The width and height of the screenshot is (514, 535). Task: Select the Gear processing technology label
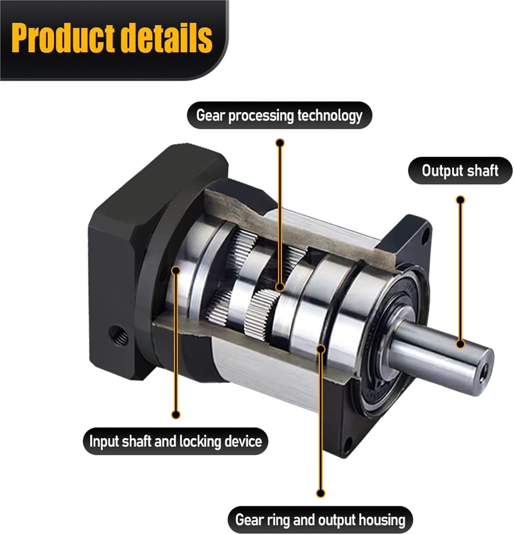279,116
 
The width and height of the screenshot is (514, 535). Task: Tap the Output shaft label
460,170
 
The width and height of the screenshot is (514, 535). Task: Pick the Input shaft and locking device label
175,441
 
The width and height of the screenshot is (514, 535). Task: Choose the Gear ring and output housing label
320,520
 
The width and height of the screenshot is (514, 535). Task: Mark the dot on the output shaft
460,344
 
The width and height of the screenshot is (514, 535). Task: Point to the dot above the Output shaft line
460,199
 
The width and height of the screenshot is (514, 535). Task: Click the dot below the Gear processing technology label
280,143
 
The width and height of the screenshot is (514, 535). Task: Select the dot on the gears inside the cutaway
280,286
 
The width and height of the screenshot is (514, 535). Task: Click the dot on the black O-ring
321,348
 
